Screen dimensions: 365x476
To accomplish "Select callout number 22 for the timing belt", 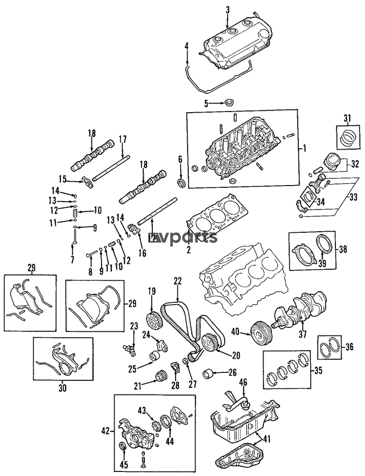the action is point(177,281).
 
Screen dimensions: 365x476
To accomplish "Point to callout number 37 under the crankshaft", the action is point(303,334).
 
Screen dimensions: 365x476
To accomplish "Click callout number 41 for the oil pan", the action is point(266,439).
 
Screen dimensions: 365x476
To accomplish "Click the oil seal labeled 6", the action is point(182,183).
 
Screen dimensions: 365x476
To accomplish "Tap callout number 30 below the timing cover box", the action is point(62,388).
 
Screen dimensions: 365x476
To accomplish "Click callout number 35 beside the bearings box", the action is point(318,370).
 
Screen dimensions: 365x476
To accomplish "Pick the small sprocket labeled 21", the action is point(160,376).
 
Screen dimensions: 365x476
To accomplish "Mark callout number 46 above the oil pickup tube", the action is point(244,381).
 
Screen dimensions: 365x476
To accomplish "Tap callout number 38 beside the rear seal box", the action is point(343,250).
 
